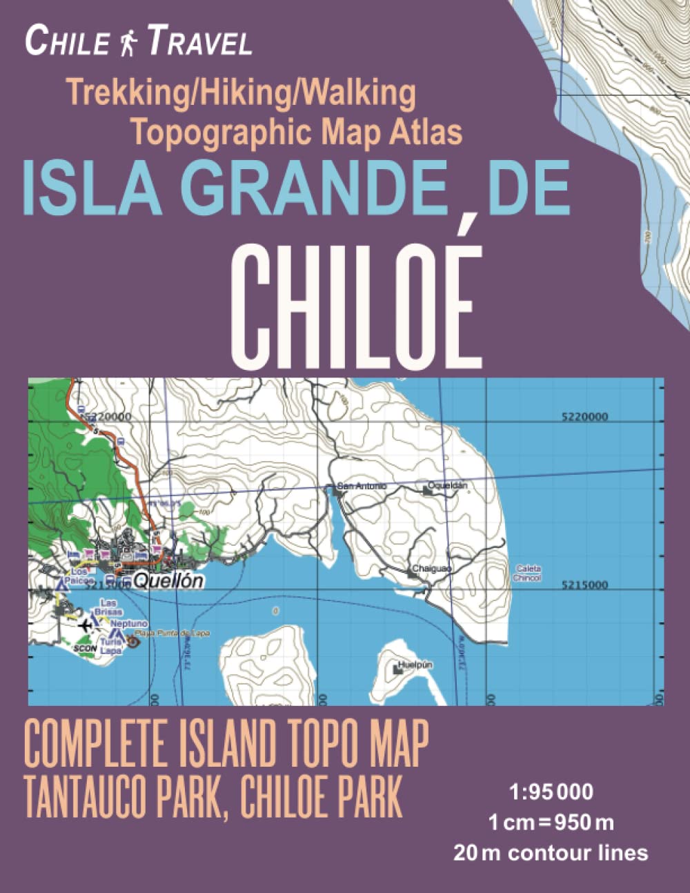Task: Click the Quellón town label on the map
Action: click(x=168, y=581)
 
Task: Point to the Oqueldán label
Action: click(x=448, y=485)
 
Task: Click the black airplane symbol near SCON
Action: click(x=86, y=625)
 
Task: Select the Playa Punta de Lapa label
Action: click(x=172, y=633)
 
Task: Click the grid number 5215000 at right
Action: click(x=584, y=585)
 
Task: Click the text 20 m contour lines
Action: click(x=551, y=853)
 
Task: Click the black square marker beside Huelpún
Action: click(x=397, y=669)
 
